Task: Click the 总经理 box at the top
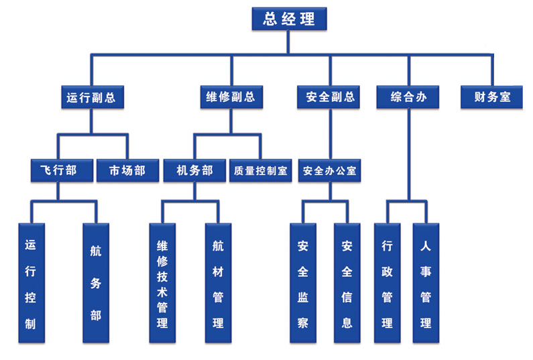coord(289,19)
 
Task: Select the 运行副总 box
coord(91,97)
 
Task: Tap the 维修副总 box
coord(231,97)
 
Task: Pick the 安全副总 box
coord(330,97)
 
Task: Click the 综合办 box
coord(409,97)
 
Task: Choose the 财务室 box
coord(492,97)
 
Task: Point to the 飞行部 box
coord(58,171)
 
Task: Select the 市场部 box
coord(127,171)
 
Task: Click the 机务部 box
coord(194,171)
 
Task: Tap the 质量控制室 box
coord(260,171)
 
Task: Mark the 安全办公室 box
coord(330,171)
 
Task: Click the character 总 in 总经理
coord(270,19)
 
